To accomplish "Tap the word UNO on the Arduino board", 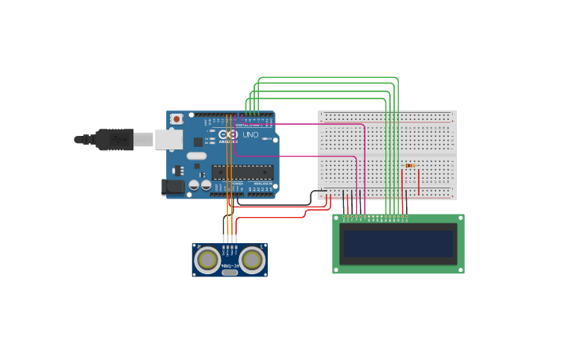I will click(x=250, y=135).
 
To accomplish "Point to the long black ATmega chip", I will click(x=242, y=172).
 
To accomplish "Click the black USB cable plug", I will click(x=114, y=140).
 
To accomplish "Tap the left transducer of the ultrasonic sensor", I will click(x=208, y=259).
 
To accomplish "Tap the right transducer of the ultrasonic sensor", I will click(x=252, y=259).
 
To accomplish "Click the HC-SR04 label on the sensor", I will click(x=230, y=254).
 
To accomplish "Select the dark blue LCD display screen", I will click(x=398, y=243).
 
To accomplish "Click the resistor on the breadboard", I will click(x=410, y=166).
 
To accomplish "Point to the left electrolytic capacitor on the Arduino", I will click(x=193, y=186).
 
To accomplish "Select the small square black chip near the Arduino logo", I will click(x=198, y=141).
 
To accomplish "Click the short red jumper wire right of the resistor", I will click(x=419, y=181).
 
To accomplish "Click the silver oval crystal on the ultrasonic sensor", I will click(x=230, y=273).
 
